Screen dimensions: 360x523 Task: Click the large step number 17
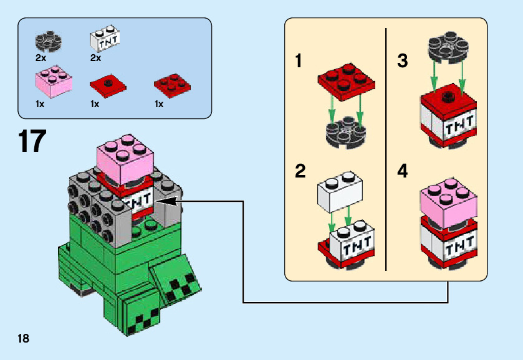32,141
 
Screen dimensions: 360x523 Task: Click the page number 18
24,338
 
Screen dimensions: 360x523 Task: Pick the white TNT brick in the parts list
105,40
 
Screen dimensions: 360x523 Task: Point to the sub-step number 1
300,61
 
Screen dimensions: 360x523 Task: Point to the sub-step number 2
300,171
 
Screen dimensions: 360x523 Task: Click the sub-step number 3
403,61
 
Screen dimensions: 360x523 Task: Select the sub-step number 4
403,171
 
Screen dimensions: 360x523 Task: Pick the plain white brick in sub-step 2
340,191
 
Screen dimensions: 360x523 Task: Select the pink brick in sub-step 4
449,201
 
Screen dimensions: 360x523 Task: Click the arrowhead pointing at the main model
167,201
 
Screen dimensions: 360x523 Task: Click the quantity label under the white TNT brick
95,58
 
